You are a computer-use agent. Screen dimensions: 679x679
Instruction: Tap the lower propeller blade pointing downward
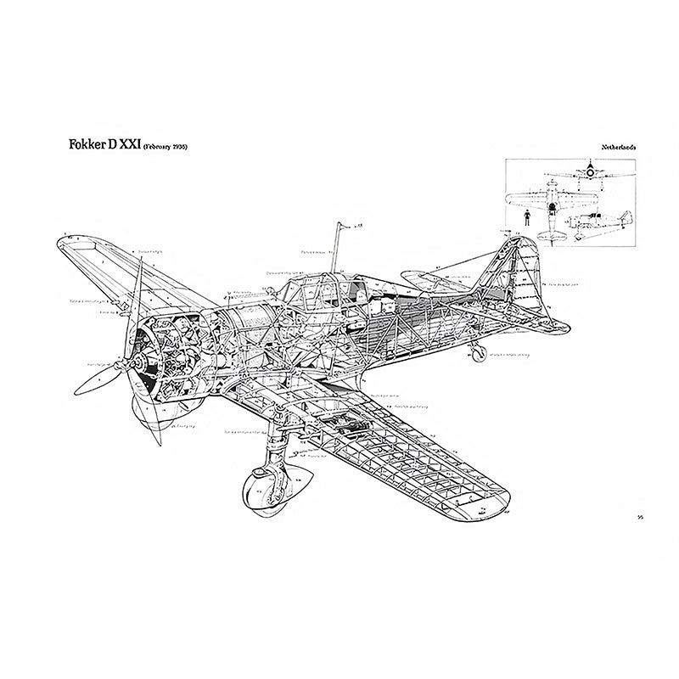pos(154,424)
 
